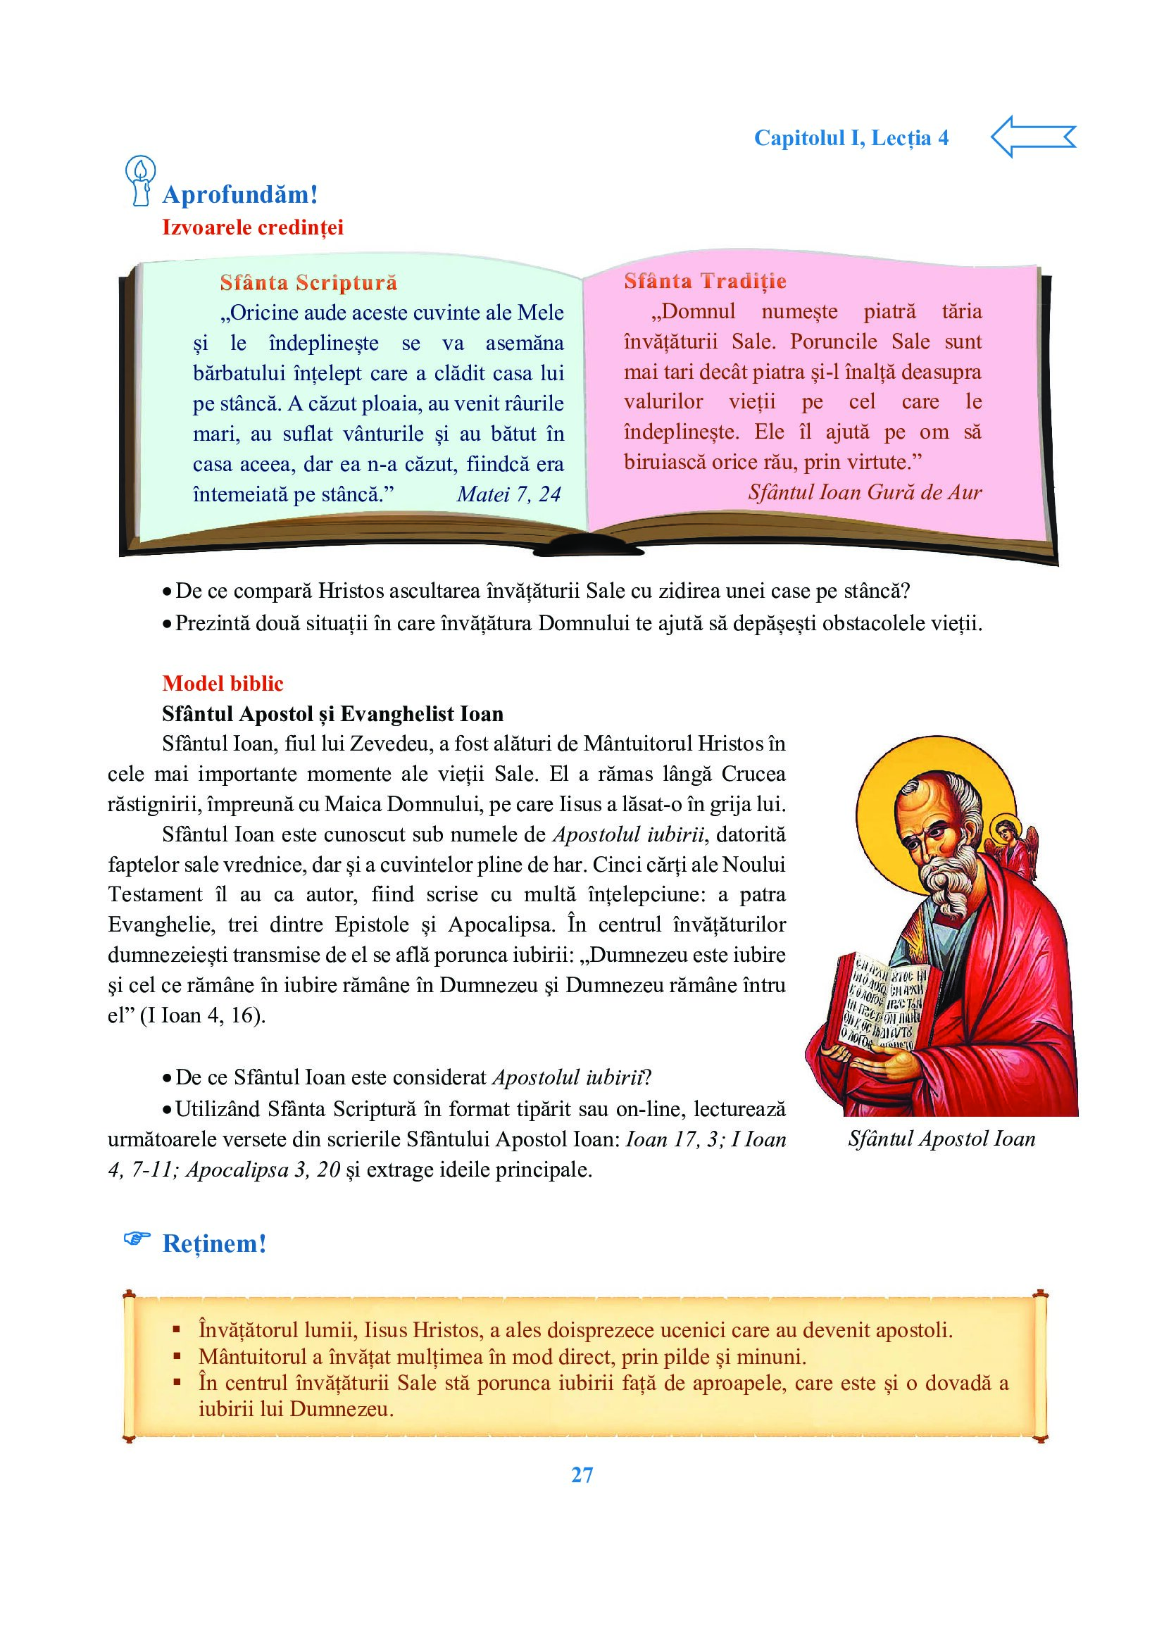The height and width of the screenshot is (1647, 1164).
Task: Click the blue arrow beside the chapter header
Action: [1032, 137]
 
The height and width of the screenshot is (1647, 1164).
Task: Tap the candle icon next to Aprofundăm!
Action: [140, 182]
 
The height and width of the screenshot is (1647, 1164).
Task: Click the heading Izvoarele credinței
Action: [253, 227]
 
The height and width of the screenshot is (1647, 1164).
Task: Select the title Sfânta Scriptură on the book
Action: [308, 282]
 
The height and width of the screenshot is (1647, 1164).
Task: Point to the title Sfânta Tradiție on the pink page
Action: [704, 281]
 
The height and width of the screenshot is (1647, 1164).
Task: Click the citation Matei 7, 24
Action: [508, 494]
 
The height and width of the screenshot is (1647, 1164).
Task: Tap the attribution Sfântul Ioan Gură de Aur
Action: [864, 492]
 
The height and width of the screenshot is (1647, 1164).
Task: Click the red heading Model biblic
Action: [223, 683]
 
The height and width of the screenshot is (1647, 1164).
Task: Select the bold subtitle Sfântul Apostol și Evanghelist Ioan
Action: [333, 714]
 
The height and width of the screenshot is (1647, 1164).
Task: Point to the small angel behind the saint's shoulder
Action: [1018, 844]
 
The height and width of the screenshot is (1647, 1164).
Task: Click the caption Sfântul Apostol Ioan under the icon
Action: [941, 1139]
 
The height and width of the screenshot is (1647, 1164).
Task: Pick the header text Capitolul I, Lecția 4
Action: [851, 138]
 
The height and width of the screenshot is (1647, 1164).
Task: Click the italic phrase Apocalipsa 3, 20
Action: [263, 1170]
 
